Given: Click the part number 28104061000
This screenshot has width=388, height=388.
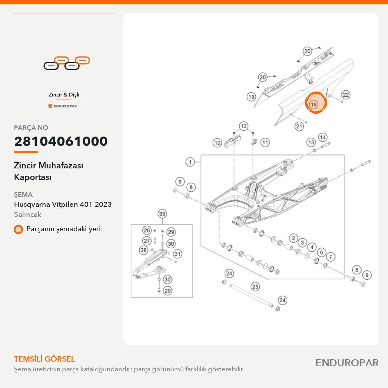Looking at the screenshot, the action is click(x=61, y=141).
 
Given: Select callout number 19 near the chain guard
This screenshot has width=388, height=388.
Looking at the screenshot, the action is click(x=251, y=97).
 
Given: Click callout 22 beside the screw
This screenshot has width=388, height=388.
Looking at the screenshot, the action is click(x=345, y=95).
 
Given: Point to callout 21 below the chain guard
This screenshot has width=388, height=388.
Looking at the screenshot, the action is click(x=299, y=126).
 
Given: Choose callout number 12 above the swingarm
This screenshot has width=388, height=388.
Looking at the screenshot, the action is click(x=244, y=126).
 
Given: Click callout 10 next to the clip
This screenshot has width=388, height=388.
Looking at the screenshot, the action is click(x=217, y=143).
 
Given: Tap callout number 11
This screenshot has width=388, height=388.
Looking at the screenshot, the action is click(x=265, y=142).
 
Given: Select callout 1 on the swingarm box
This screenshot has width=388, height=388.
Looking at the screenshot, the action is click(x=190, y=162).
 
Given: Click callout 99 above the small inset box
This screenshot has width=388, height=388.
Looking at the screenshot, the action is click(x=162, y=213).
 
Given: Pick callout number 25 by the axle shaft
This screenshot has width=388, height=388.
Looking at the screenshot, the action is click(x=255, y=287).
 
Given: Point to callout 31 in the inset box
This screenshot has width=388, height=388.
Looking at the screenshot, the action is click(x=177, y=254).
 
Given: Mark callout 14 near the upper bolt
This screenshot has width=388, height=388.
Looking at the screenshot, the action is click(x=323, y=137).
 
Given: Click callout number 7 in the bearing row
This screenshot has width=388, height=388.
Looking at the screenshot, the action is click(x=331, y=256).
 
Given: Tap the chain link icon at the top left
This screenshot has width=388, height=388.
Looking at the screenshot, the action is click(x=67, y=63).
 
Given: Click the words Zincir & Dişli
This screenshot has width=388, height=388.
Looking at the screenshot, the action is click(x=64, y=95).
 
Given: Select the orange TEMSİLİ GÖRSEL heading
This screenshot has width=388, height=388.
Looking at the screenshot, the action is click(x=45, y=359).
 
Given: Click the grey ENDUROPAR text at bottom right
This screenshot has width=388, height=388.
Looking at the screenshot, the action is click(x=347, y=363).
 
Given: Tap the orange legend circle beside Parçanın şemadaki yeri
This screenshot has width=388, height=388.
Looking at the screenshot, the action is click(x=18, y=229).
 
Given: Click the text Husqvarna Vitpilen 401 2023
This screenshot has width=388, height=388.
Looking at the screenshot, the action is click(x=63, y=204).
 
